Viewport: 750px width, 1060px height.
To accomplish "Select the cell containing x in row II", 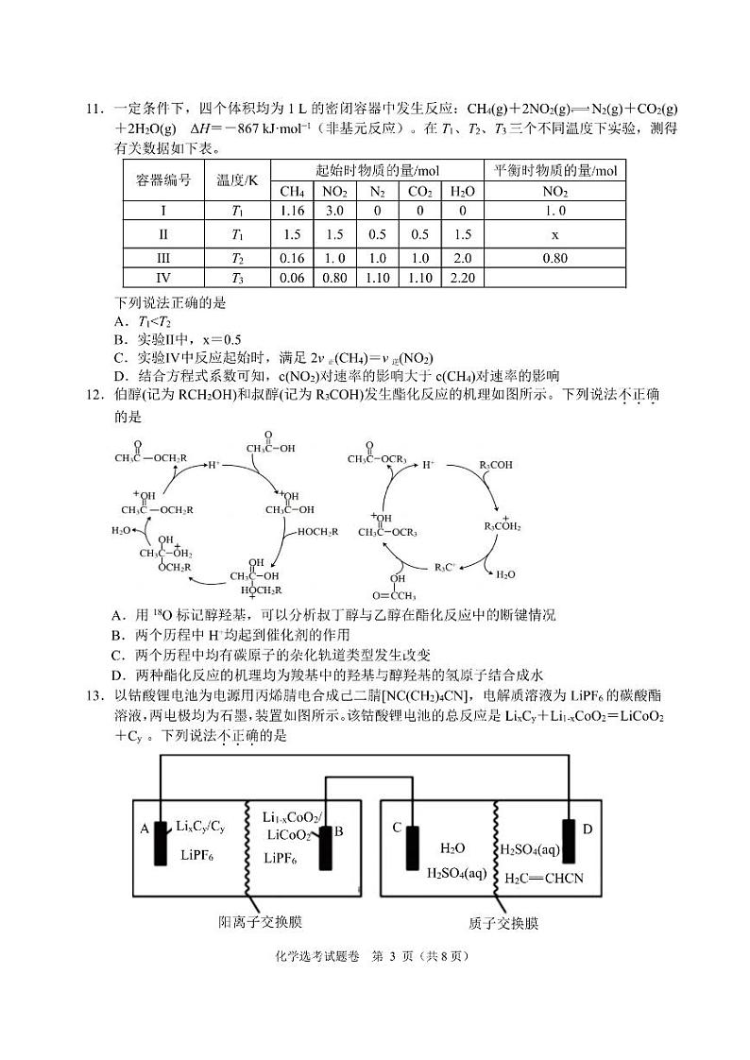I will point(555,234).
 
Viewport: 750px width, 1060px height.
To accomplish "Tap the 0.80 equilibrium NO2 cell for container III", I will point(555,257).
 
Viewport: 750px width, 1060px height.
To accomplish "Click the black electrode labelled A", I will point(160,833).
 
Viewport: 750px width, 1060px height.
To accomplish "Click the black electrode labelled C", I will point(413,845).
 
